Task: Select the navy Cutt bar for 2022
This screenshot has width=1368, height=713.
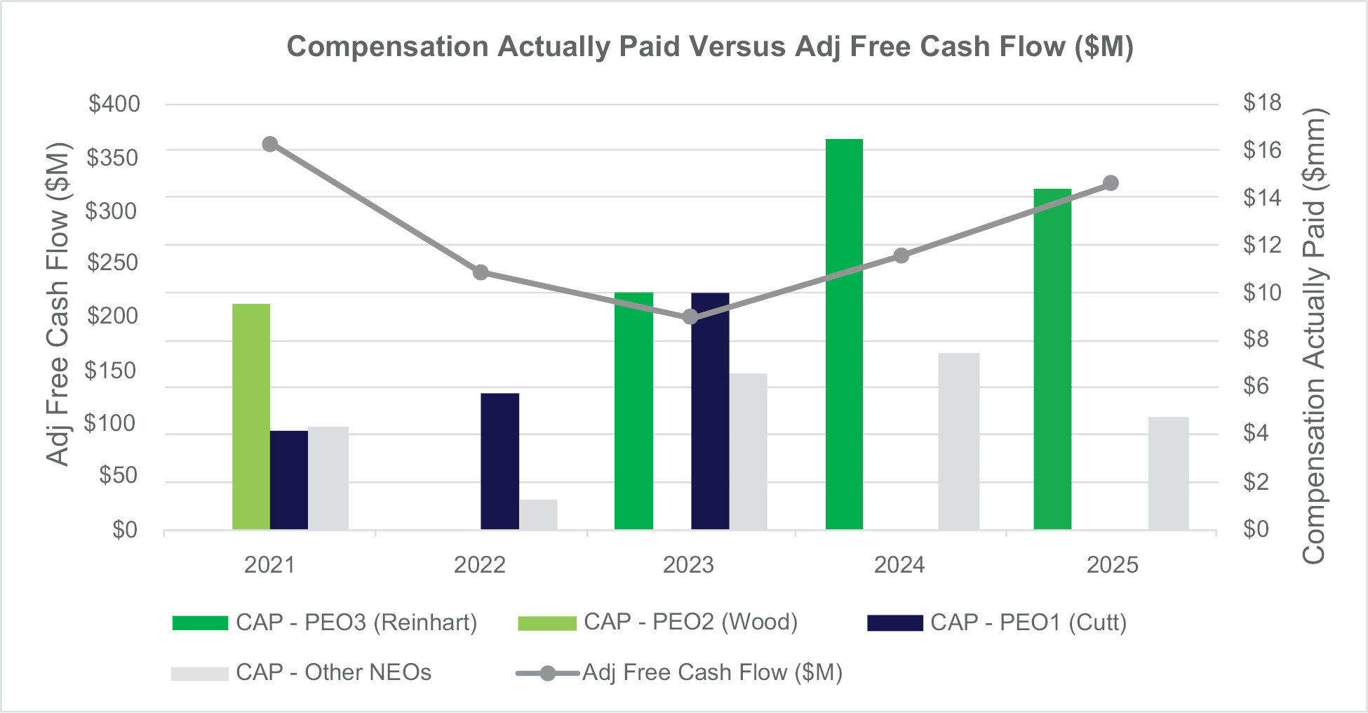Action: tap(499, 461)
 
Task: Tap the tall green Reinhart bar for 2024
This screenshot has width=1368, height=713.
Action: tap(844, 334)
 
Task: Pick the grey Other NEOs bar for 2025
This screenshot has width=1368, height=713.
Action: tap(1168, 473)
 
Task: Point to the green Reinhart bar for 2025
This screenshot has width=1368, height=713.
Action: tap(1052, 359)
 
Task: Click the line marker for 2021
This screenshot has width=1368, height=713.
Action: tap(270, 145)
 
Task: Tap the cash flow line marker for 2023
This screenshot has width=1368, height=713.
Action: tap(690, 317)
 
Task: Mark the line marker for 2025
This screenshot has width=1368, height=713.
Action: tap(1111, 184)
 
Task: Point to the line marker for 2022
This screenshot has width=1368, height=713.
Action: tap(481, 272)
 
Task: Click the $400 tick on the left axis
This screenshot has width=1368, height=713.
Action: tap(114, 104)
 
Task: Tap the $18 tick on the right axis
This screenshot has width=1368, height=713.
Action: tap(1262, 103)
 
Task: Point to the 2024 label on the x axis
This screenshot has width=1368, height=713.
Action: tap(899, 565)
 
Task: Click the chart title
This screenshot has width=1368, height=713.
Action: tap(710, 46)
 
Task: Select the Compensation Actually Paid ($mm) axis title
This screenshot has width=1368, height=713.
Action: tap(1313, 337)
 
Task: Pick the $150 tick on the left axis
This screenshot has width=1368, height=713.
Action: tap(112, 371)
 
